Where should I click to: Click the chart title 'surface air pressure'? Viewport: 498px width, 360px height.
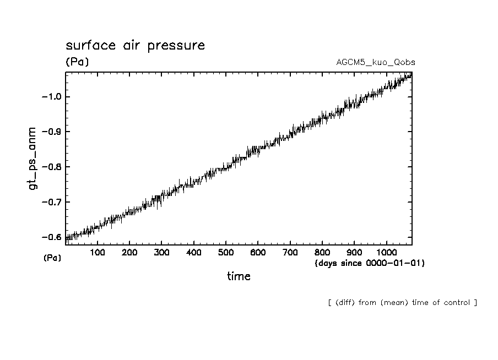click(x=135, y=45)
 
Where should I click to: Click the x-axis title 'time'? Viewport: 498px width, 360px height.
click(x=239, y=276)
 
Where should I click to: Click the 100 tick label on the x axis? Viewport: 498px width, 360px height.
click(x=98, y=252)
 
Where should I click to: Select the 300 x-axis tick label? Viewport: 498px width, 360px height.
click(x=161, y=252)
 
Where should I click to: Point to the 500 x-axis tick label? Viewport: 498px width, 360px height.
click(x=226, y=252)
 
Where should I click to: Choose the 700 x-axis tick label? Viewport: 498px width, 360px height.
click(x=290, y=252)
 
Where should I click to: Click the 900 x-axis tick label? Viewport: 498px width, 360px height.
click(x=354, y=252)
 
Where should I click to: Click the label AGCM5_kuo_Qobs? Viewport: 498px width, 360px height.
click(x=376, y=62)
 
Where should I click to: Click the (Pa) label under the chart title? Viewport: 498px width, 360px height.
click(x=77, y=62)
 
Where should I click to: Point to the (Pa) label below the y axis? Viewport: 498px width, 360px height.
click(x=52, y=258)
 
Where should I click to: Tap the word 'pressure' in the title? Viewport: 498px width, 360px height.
click(x=177, y=46)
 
